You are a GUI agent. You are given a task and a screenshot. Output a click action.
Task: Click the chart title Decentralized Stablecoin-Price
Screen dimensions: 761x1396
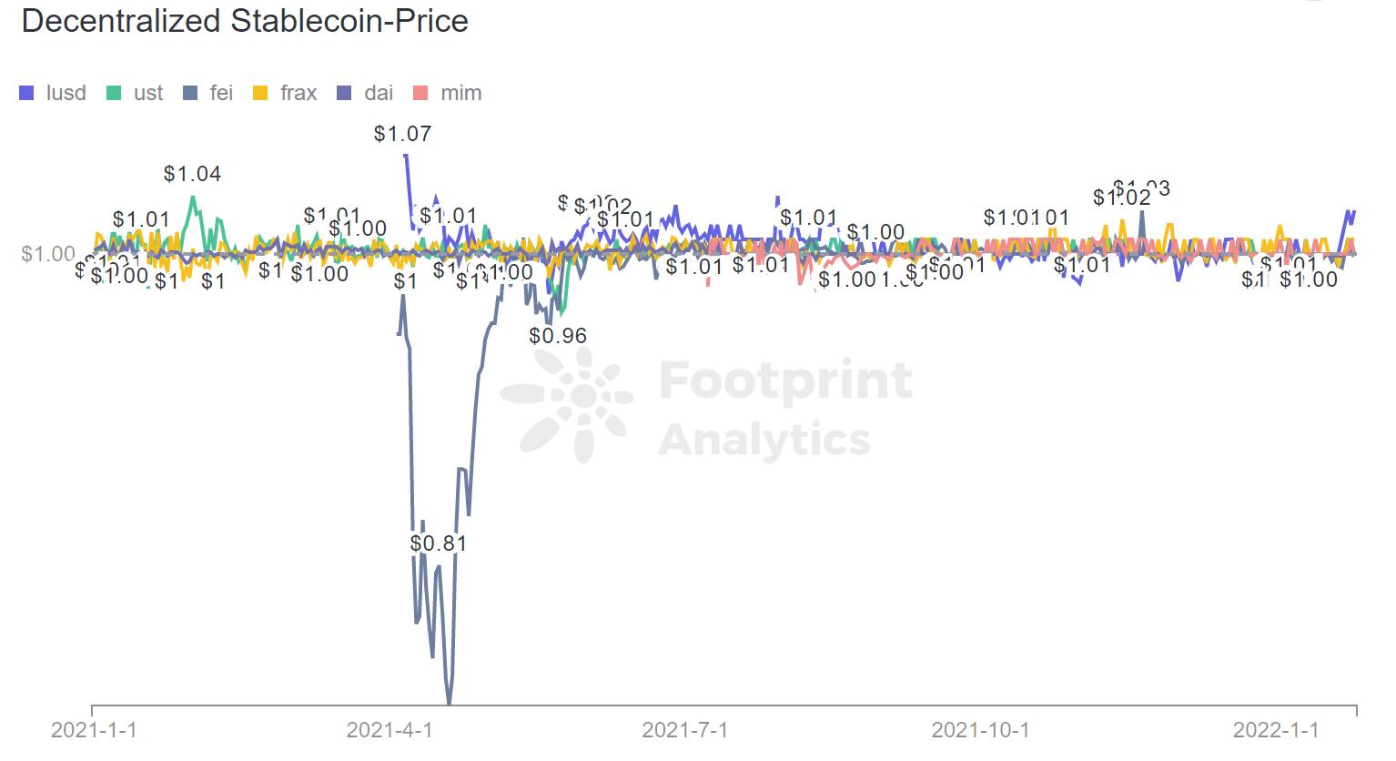click(244, 21)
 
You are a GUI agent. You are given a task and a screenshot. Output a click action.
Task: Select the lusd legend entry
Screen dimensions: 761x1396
click(54, 93)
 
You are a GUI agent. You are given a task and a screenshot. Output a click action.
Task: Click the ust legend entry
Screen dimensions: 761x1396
click(136, 93)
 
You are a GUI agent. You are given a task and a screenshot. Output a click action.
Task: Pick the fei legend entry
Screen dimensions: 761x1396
click(208, 93)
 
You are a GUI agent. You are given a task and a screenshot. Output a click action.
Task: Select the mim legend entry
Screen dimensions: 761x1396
click(448, 93)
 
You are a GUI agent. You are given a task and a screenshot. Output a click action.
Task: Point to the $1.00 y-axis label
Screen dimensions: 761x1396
click(48, 253)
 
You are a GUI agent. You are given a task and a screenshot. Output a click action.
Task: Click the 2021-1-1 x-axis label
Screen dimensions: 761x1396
click(94, 730)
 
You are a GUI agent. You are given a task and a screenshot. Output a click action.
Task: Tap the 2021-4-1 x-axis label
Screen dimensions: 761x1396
click(389, 730)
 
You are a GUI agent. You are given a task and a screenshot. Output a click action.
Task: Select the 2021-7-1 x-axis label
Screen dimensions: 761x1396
click(685, 730)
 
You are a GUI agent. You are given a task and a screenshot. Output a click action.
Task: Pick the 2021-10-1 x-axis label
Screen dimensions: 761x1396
click(981, 730)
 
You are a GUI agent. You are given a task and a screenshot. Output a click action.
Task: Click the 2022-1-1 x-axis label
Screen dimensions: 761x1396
click(1276, 730)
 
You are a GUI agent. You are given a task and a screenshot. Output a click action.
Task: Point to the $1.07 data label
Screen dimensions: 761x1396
click(402, 135)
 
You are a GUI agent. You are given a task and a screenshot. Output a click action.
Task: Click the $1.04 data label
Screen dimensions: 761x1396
click(193, 174)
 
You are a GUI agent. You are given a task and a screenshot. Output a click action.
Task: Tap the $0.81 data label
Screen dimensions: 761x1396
click(438, 543)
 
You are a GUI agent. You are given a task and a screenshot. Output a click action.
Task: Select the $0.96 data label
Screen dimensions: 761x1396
click(558, 336)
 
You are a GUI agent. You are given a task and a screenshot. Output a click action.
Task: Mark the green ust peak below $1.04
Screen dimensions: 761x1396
click(192, 197)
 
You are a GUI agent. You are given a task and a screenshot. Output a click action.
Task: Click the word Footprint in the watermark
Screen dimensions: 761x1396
click(785, 380)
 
